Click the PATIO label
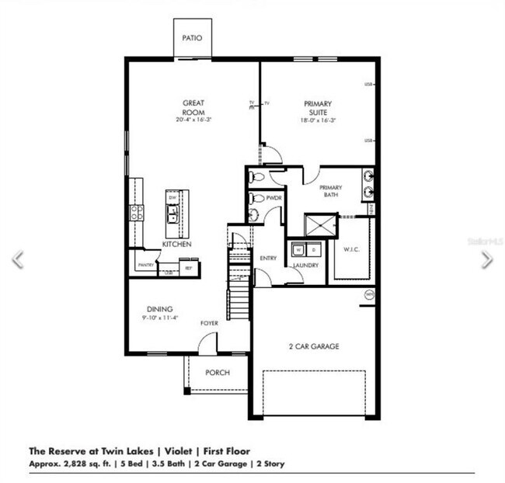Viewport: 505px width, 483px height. coord(192,37)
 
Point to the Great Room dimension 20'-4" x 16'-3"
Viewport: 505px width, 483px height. coord(193,120)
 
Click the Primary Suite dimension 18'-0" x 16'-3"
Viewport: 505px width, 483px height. coord(318,120)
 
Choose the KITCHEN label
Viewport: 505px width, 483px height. coord(176,244)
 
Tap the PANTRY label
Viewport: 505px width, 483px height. coord(145,265)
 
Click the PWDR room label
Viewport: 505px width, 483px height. coord(273,198)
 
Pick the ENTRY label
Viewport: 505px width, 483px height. coord(268,259)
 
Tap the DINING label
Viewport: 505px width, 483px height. coord(160,308)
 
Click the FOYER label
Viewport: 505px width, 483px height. coord(209,322)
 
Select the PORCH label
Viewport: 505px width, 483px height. coord(218,373)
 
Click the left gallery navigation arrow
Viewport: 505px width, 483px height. coord(17,259)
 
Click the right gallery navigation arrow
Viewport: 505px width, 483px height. coord(486,259)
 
